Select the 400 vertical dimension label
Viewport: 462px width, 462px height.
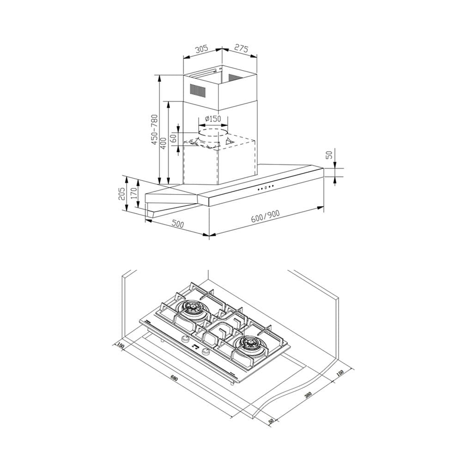pos(164,143)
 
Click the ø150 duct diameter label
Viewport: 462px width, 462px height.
pos(213,119)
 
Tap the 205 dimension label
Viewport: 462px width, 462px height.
pos(122,194)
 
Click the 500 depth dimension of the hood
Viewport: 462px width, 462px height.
pos(178,224)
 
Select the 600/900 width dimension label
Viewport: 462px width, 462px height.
pos(266,217)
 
